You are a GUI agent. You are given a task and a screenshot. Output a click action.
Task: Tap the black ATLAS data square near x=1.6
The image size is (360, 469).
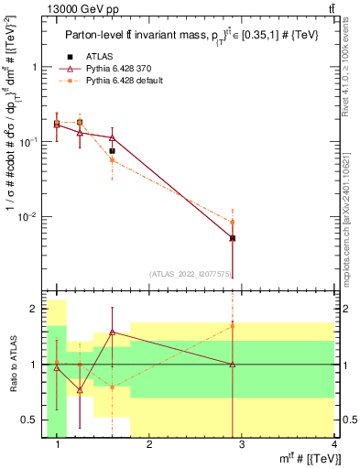[112, 151]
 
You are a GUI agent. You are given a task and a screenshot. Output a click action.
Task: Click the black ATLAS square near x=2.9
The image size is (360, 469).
[233, 238]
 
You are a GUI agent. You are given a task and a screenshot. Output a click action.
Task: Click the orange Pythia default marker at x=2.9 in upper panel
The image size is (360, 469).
[233, 222]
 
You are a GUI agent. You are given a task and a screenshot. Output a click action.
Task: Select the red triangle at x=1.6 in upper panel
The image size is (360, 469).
[112, 137]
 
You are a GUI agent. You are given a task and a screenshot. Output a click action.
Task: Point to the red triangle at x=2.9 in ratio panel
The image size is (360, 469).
[233, 365]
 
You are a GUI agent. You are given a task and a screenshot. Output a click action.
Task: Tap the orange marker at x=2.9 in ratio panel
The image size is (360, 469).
[233, 325]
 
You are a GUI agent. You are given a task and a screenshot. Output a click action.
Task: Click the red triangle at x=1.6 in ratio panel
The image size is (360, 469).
[112, 332]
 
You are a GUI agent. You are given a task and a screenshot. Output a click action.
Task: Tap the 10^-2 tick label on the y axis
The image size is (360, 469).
[30, 217]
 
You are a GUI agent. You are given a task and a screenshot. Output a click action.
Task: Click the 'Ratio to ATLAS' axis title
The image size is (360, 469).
[14, 365]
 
